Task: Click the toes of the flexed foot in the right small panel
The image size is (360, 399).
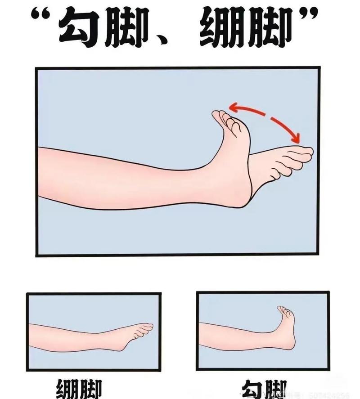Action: click(284, 310)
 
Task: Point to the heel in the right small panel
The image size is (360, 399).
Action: click(290, 344)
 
